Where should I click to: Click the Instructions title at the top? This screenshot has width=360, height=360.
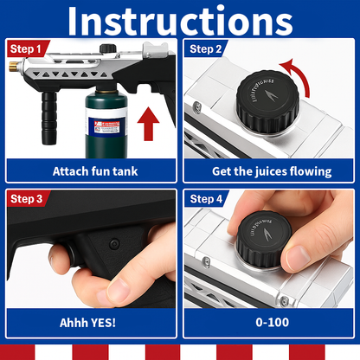tap(179, 20)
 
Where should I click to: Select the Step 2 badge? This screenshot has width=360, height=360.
tap(206, 49)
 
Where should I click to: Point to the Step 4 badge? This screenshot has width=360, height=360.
tap(206, 199)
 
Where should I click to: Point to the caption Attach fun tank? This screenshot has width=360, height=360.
tap(95, 171)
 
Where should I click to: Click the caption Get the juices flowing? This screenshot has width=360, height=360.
tap(271, 171)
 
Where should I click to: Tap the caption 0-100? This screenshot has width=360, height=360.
tap(271, 321)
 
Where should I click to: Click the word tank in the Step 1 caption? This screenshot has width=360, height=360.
tap(123, 171)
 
